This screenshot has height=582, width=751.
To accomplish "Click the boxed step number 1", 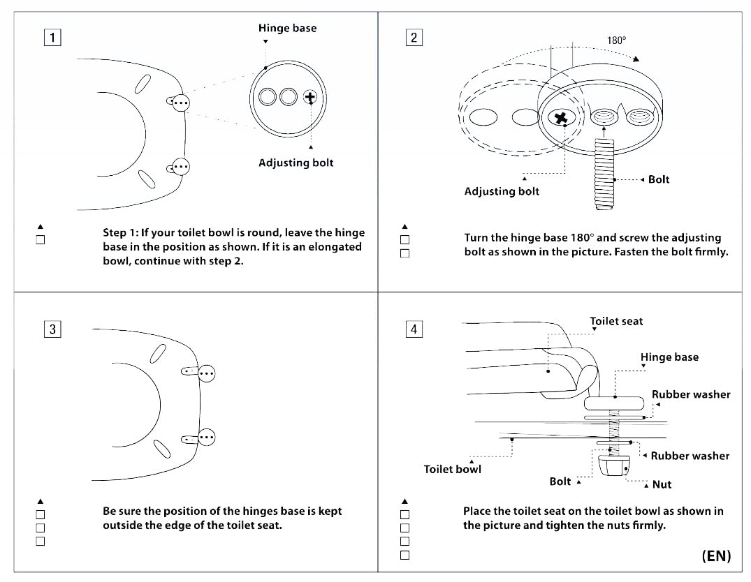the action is pyautogui.click(x=52, y=37).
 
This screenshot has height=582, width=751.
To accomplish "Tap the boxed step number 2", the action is pyautogui.click(x=414, y=37).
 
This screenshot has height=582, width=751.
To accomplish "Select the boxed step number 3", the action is pyautogui.click(x=52, y=329).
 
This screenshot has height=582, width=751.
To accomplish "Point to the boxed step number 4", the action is pyautogui.click(x=414, y=329).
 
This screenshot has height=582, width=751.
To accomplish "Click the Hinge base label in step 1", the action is pyautogui.click(x=287, y=28).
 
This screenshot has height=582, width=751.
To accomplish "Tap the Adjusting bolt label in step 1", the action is pyautogui.click(x=296, y=163).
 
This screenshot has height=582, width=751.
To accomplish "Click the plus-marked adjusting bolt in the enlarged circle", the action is pyautogui.click(x=310, y=97).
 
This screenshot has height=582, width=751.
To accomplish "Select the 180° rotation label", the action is pyautogui.click(x=616, y=40).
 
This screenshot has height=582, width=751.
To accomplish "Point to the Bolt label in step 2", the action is pyautogui.click(x=659, y=179).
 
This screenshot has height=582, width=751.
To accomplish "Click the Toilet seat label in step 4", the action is pyautogui.click(x=616, y=322).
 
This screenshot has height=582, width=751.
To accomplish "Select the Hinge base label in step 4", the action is pyautogui.click(x=669, y=357).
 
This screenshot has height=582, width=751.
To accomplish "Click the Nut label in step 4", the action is pyautogui.click(x=662, y=485).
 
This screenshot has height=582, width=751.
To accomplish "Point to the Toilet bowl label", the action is pyautogui.click(x=452, y=470).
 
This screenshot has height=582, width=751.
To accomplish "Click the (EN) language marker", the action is pyautogui.click(x=717, y=555).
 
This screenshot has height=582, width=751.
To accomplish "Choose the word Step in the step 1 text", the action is pyautogui.click(x=114, y=233).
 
